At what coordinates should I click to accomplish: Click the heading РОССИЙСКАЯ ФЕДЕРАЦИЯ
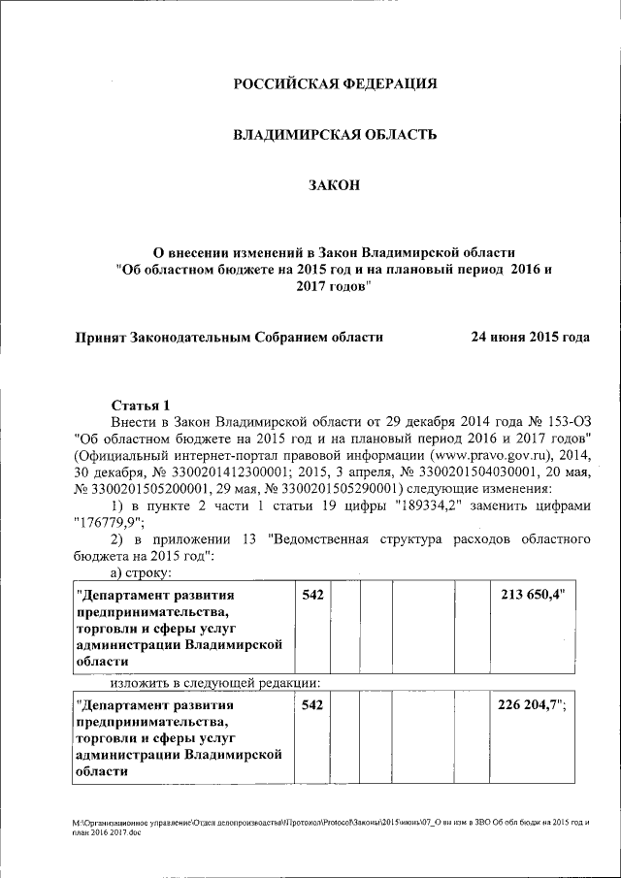[335, 84]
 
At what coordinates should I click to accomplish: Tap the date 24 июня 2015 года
[530, 338]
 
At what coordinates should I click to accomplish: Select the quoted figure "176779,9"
[107, 522]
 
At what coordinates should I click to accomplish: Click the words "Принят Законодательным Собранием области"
[229, 338]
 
